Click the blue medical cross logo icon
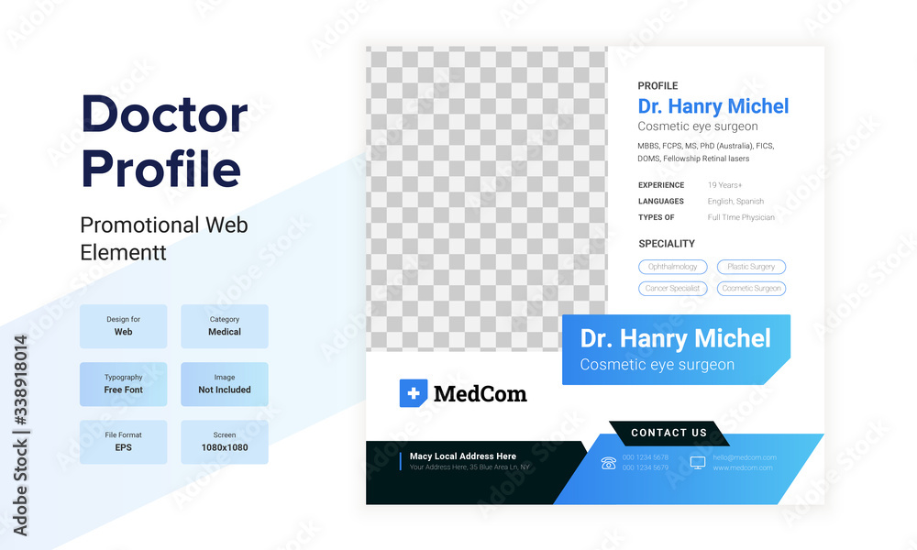(x=414, y=393)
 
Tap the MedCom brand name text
(x=480, y=394)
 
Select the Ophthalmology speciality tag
(x=673, y=267)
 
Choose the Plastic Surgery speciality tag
(x=751, y=267)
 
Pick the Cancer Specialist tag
(x=673, y=288)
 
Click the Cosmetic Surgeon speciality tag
(x=751, y=288)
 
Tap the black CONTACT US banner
(x=669, y=433)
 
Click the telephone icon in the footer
(x=608, y=463)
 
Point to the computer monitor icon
(x=698, y=463)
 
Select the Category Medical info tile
(x=225, y=326)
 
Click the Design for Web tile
(x=124, y=326)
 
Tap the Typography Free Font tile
(x=124, y=384)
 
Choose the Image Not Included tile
(x=225, y=384)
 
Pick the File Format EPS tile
(x=124, y=442)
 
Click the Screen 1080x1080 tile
(x=225, y=442)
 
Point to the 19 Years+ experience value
(x=725, y=185)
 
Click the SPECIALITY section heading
(x=667, y=244)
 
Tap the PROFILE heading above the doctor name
(x=658, y=86)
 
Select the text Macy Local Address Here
(x=463, y=456)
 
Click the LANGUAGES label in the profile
(x=661, y=202)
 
